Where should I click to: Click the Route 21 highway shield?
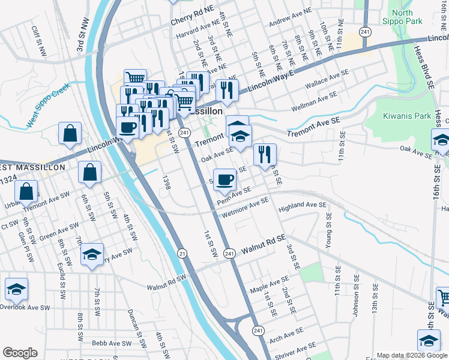(x=181, y=254)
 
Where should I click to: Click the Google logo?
(x=20, y=353)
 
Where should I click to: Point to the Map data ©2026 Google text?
(x=412, y=355)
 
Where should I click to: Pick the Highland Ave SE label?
(x=303, y=205)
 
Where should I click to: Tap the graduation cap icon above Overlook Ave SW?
(x=17, y=289)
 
